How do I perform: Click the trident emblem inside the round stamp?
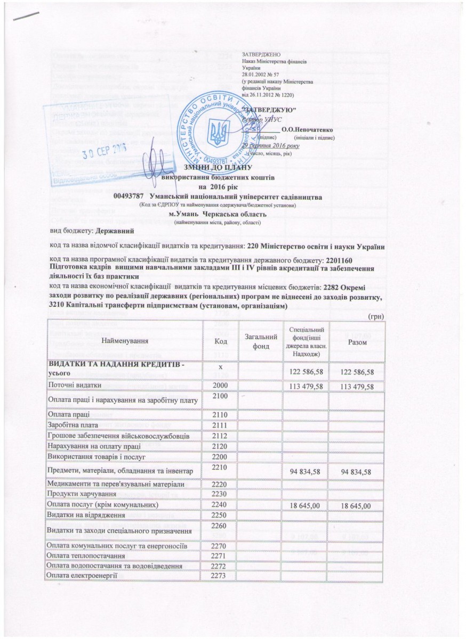tap(221, 130)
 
